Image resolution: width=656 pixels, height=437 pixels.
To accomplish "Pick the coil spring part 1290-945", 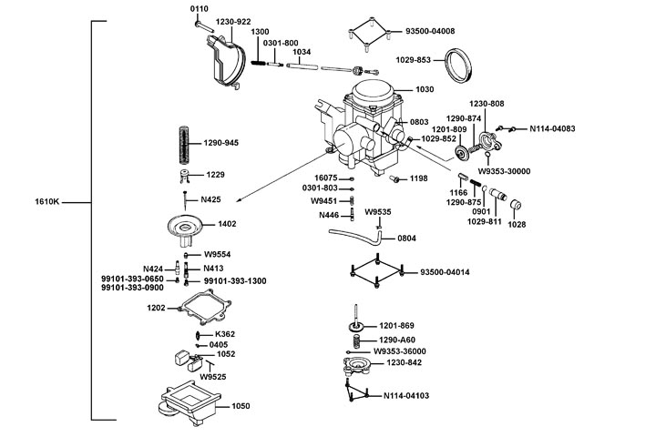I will coord(186,144).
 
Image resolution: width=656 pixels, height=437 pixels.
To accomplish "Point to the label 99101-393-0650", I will coord(133,278).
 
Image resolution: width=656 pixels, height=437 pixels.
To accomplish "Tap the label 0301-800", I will coord(281,43).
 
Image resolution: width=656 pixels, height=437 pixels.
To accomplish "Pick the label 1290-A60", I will coord(397,339).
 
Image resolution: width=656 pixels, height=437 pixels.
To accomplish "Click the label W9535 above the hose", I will coord(379,212).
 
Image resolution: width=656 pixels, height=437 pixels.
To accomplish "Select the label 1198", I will coord(418,178).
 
